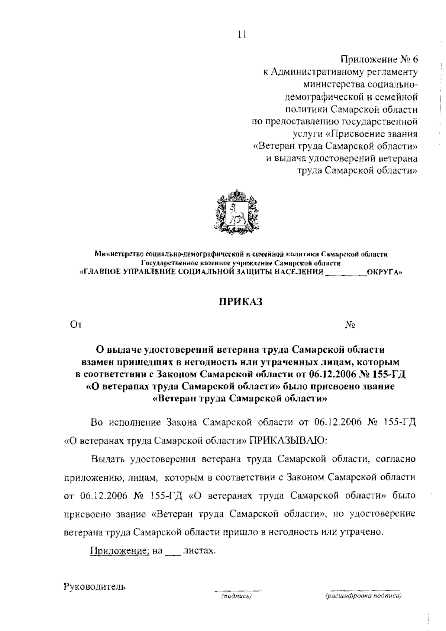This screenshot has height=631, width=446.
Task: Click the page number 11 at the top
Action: coord(242,35)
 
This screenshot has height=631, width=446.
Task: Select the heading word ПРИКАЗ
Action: coord(240,301)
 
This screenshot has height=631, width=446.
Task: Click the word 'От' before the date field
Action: coord(76,325)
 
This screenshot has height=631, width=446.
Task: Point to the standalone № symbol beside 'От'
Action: coord(350,325)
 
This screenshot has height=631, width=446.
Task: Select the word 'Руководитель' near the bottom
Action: coord(95,587)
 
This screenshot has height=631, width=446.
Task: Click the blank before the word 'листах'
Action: coord(172,551)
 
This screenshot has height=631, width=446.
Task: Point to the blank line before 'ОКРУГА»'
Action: coord(345,272)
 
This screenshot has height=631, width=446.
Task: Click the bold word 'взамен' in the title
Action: coord(98,361)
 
